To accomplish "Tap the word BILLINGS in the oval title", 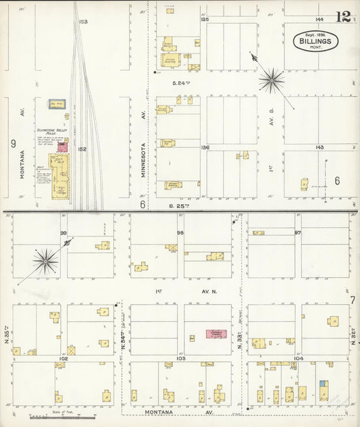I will coord(315,41).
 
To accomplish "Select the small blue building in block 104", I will coord(324,384).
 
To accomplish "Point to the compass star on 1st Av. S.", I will coord(272,80).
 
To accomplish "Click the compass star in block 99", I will coord(45,261).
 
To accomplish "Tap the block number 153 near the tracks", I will coord(83,22).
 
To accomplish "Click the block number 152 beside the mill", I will coord(82,149).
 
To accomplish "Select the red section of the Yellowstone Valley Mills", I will coord(63,147).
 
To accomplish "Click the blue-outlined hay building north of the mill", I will coord(57,104).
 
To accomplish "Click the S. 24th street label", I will coord(178,82).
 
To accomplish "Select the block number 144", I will coord(319,20).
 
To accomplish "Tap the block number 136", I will coord(205,147).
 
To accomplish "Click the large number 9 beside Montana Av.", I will coord(13,143).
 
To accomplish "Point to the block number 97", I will coord(297,232).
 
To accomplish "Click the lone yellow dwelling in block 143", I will coord(305,184).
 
